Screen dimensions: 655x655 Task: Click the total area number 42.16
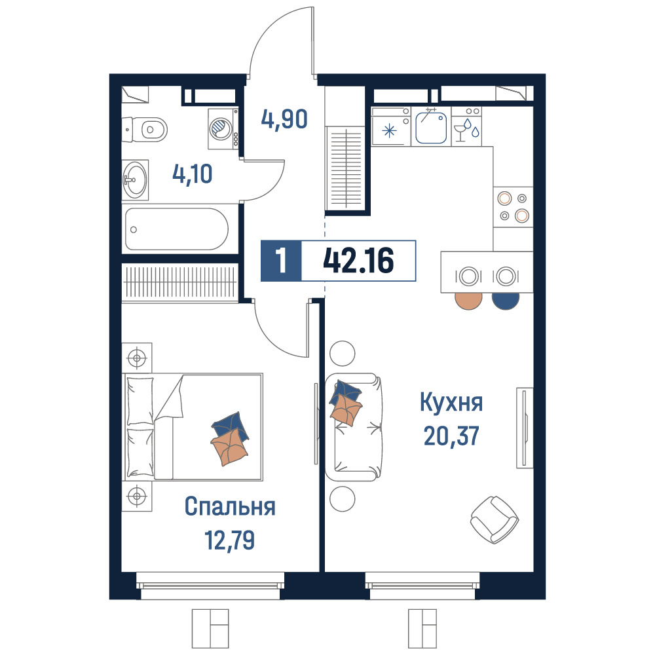358,260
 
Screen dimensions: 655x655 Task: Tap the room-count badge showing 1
281,261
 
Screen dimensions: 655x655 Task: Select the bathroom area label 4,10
192,174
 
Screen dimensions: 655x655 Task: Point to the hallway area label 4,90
284,119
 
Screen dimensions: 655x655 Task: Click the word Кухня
451,402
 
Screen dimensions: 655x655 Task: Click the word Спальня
230,507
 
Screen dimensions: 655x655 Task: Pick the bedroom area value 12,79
229,540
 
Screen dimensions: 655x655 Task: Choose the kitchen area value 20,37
451,436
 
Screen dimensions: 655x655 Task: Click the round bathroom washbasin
136,180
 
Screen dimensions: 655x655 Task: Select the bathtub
177,229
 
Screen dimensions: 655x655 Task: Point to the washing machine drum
220,128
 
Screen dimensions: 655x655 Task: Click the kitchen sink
431,126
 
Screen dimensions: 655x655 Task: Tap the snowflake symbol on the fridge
389,131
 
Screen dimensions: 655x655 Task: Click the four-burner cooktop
513,207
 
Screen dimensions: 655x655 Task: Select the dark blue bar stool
506,301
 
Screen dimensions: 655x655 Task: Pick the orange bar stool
468,301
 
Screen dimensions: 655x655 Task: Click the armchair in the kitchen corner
494,519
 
